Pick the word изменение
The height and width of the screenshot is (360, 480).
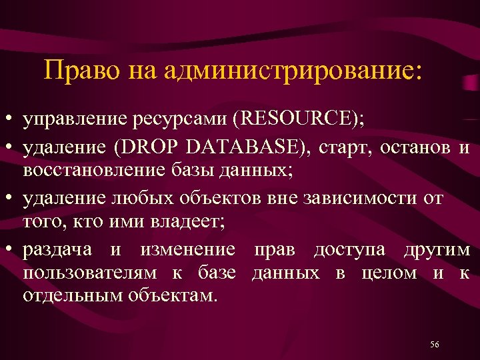coord(187,249)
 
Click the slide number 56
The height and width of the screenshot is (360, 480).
coord(435,344)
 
